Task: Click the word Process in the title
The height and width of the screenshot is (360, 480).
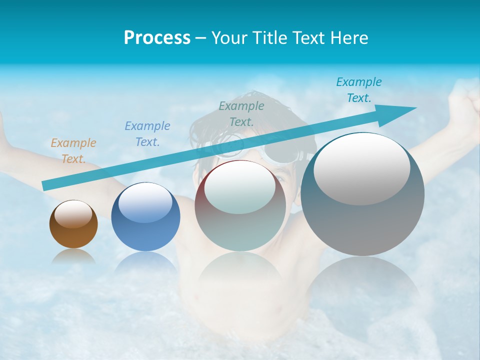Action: (157, 38)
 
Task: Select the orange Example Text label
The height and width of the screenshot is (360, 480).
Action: (73, 151)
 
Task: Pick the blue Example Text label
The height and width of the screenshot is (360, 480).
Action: (147, 134)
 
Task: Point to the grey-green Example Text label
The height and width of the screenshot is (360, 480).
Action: (241, 114)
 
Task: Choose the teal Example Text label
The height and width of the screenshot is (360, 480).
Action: (358, 90)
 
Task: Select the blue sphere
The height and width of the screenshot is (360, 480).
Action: (145, 220)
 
